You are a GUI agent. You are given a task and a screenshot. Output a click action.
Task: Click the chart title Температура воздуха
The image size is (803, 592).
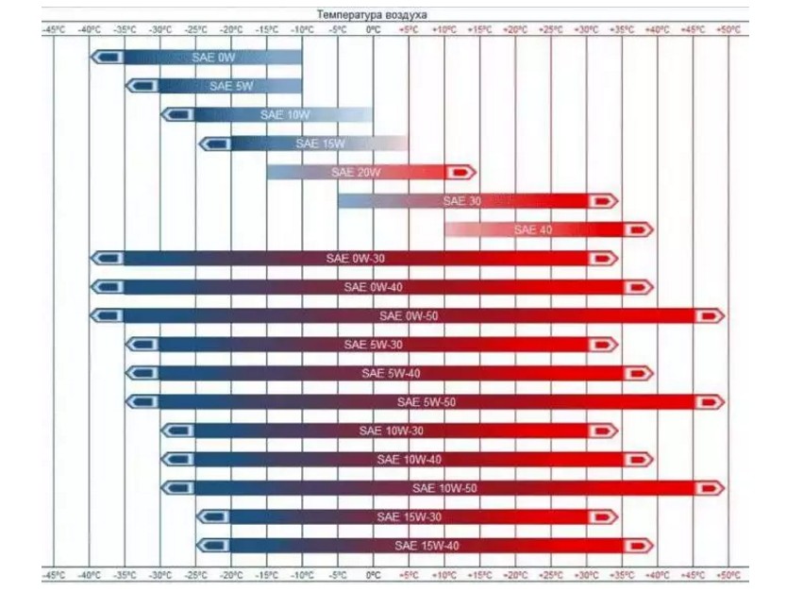tap(372, 15)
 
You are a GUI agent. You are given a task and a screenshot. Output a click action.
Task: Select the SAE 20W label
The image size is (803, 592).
tap(356, 173)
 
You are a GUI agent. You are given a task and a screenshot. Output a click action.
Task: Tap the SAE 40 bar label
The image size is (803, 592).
tap(532, 229)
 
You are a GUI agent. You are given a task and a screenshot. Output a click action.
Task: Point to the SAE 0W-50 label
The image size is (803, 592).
tap(408, 315)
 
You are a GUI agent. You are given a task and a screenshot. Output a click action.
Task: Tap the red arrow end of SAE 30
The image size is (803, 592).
tap(602, 201)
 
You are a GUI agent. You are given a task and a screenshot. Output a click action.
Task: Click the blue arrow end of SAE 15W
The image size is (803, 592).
tap(214, 144)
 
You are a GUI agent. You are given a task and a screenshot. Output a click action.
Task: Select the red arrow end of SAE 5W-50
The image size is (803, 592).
tap(710, 402)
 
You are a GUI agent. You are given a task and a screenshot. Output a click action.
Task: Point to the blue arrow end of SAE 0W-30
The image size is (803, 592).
tap(107, 259)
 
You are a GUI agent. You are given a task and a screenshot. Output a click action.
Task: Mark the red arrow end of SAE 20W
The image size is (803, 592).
tap(460, 173)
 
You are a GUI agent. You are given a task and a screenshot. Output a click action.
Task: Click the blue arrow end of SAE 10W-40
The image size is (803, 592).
tap(177, 460)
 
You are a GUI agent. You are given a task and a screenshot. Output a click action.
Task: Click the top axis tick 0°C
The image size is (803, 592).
tap(373, 30)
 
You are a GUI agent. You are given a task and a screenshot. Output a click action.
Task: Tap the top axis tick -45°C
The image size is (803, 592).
tap(54, 30)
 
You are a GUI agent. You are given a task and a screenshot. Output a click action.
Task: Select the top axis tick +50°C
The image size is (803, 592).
tap(728, 30)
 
